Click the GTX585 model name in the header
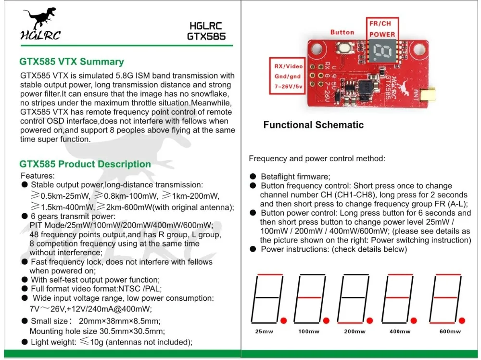[x=206, y=36]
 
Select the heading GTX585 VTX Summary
[x=72, y=62]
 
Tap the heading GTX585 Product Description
[x=85, y=164]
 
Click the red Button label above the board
[x=342, y=32]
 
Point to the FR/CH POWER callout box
[x=382, y=28]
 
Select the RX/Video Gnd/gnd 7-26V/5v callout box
[x=287, y=76]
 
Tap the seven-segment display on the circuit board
[x=382, y=51]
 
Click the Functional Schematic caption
[x=314, y=125]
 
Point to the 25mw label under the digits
[x=264, y=332]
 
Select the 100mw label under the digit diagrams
[x=309, y=332]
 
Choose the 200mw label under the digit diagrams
[x=354, y=332]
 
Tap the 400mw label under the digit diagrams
[x=400, y=332]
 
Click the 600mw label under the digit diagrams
[x=450, y=332]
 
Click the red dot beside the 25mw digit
[x=283, y=321]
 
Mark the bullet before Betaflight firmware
[x=253, y=177]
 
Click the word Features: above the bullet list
[x=38, y=176]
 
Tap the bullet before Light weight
[x=25, y=342]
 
